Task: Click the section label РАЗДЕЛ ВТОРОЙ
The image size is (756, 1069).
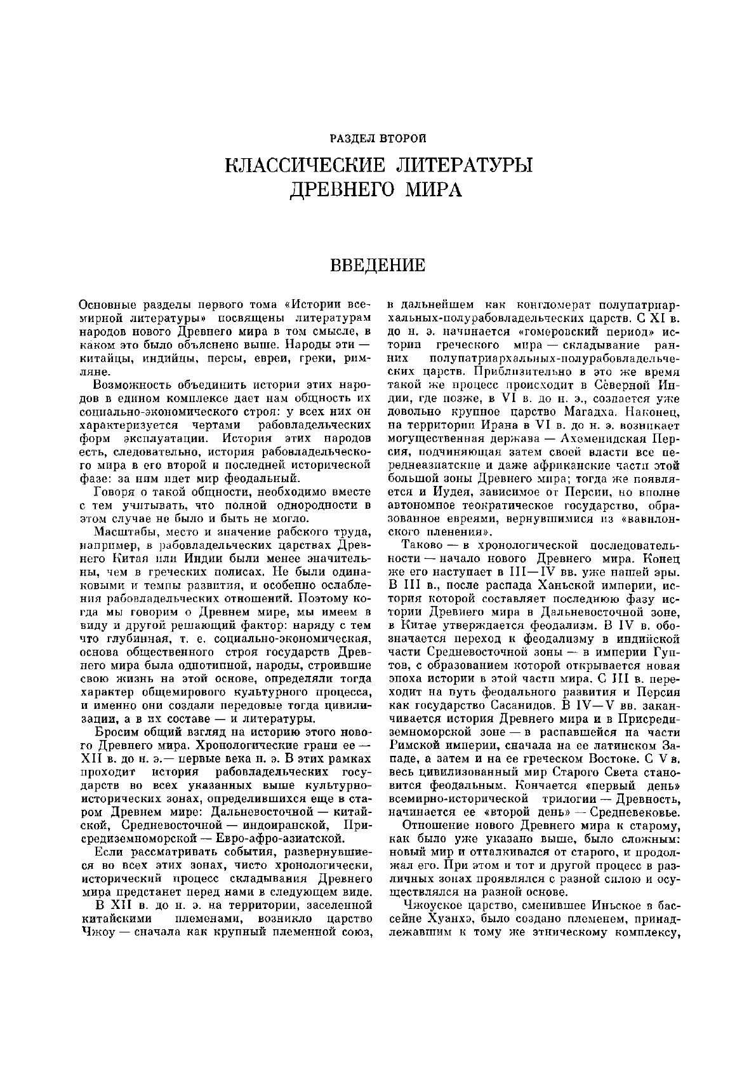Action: [378, 137]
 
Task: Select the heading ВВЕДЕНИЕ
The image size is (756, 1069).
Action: [378, 264]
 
